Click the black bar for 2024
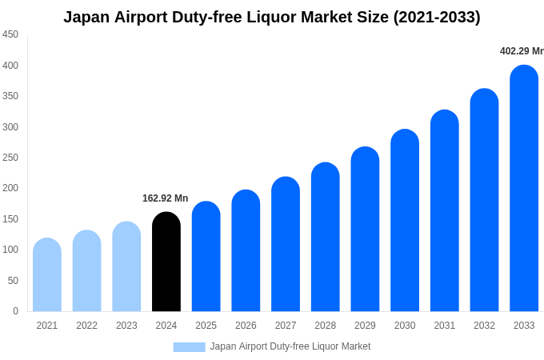(x=166, y=262)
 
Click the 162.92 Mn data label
(x=165, y=198)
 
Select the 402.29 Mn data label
(x=522, y=51)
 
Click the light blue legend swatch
(x=189, y=347)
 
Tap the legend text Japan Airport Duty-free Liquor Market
(x=290, y=346)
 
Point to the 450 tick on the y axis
(x=10, y=34)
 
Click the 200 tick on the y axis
(x=10, y=188)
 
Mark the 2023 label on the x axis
(x=126, y=326)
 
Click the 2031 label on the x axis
(x=445, y=326)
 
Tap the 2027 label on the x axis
(x=286, y=326)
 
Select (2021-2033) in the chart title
(x=437, y=17)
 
